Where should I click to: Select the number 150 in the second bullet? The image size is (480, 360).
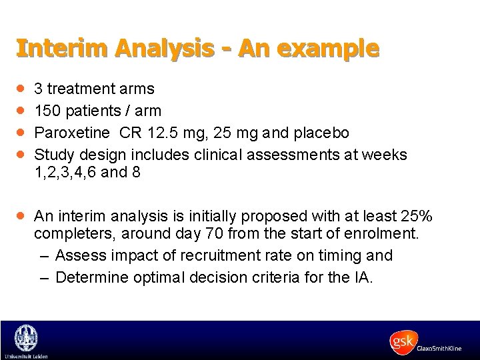pos(47,110)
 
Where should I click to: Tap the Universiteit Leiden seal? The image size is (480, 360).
pos(25,337)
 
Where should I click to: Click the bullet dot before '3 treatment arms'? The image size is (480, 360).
pos(21,88)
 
